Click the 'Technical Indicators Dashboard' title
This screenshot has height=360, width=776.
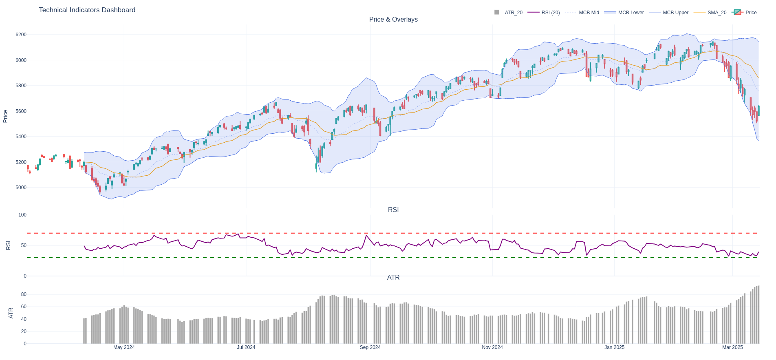(87, 10)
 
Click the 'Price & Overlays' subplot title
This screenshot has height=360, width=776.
(393, 20)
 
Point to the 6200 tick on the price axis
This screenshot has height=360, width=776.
(21, 35)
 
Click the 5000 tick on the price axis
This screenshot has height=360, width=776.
(21, 188)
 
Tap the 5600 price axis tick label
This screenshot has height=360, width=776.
(21, 111)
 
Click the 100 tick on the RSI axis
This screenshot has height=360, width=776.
(22, 215)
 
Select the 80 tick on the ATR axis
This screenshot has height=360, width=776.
(24, 294)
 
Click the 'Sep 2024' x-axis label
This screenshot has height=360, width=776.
(370, 347)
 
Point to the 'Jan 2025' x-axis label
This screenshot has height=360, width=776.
(614, 347)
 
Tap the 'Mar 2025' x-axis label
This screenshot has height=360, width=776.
(732, 347)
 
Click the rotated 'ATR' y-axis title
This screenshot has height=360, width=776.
(11, 313)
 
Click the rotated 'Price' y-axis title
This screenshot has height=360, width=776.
(6, 116)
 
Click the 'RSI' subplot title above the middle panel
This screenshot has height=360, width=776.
(393, 210)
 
